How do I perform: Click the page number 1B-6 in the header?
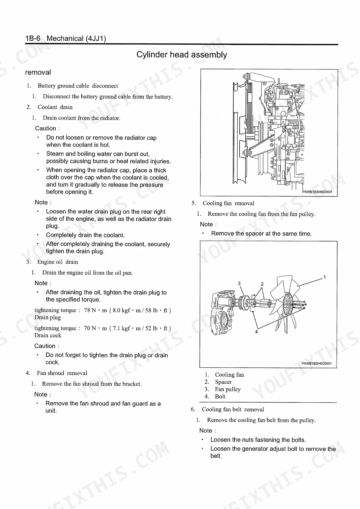pos(33,38)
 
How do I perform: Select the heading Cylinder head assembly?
pos(182,55)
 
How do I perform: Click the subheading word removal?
pos(38,72)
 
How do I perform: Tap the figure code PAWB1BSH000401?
pos(317,192)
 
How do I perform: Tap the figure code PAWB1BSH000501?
pos(316,364)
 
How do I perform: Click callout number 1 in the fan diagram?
pos(325,277)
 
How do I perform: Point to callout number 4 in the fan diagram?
pos(256,332)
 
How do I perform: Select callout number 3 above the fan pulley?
pos(239,283)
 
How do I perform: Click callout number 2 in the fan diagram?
pos(262,284)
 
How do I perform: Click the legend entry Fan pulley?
pos(228,389)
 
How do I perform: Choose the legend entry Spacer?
pos(223,382)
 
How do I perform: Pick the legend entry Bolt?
pos(220,396)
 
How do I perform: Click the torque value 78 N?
pos(90,310)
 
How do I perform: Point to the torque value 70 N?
pos(90,328)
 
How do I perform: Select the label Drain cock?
pos(48,335)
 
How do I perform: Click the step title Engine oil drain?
pos(58,262)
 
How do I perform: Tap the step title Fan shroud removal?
pos(62,373)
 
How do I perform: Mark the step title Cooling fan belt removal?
pos(233,409)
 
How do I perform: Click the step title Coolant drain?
pos(55,107)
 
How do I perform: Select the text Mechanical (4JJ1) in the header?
pos(76,38)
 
